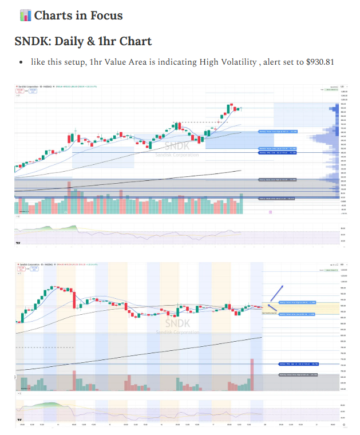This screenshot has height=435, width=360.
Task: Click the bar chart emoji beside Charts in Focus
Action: click(25, 15)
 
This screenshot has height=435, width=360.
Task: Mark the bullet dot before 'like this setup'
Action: click(21, 62)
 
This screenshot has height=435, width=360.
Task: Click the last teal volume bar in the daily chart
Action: click(242, 204)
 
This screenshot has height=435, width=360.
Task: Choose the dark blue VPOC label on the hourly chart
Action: click(298, 363)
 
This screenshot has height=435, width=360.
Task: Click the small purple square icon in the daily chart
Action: click(270, 212)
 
